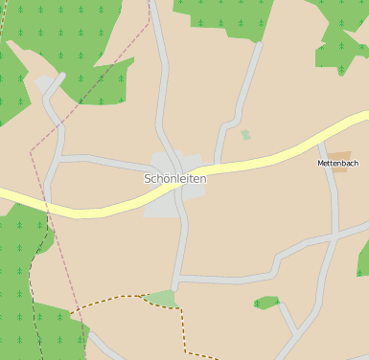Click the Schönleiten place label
pos(174,179)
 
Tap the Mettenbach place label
pos(337,164)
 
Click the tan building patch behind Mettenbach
pos(339,154)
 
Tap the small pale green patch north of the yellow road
pos(245,135)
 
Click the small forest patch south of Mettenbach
pos(266,303)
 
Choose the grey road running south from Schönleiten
pos(180,249)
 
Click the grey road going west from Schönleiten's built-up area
pos(96,158)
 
